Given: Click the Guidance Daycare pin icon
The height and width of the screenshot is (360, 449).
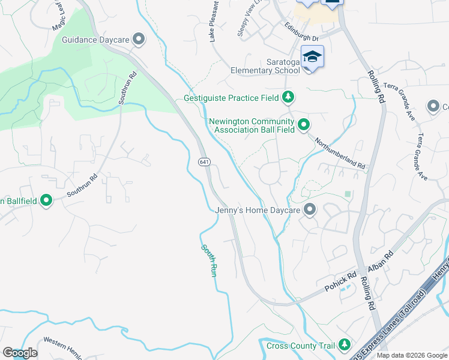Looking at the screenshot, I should [x=139, y=40].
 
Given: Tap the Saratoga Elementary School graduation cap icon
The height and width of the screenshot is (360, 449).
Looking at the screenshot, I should [x=312, y=57].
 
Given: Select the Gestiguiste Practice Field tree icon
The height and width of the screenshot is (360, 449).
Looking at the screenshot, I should [x=289, y=97].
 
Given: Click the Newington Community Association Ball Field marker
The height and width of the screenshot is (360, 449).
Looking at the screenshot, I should [x=304, y=125].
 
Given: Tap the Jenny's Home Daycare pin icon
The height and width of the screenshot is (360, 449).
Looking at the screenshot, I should [x=309, y=210].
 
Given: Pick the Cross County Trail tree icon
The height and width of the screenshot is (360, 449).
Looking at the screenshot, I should [x=344, y=344].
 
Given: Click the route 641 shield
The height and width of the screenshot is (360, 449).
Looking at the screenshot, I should [x=205, y=162].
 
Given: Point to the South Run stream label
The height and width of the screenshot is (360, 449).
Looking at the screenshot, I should [x=208, y=259].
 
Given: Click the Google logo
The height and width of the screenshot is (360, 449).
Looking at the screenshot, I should [x=20, y=353].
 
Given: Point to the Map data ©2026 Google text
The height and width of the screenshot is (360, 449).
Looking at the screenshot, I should [x=411, y=355].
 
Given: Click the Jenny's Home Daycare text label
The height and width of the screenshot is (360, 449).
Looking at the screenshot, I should [x=258, y=210].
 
